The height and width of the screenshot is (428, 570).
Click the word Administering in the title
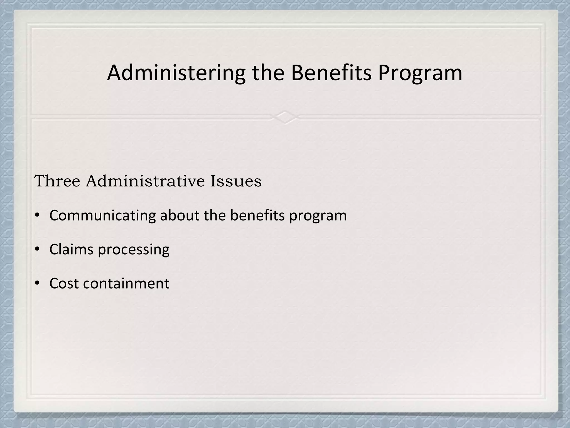(x=176, y=73)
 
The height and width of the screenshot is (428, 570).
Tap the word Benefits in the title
(x=331, y=73)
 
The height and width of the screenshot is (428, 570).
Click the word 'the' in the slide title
(x=268, y=73)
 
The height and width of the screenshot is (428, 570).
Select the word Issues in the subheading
(x=236, y=181)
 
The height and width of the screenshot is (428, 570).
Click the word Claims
(x=71, y=249)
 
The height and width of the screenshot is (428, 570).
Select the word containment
(x=126, y=283)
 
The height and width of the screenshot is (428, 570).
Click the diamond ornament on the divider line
(x=285, y=117)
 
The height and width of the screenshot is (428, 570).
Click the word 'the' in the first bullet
(x=215, y=215)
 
